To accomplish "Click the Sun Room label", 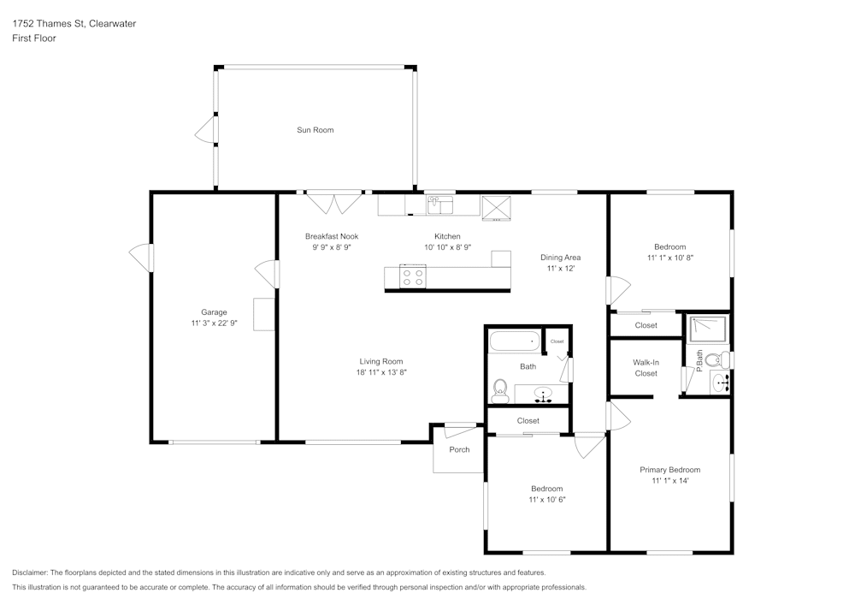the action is click(x=315, y=130).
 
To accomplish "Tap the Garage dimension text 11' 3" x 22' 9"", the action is click(x=214, y=323).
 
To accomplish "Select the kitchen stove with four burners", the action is click(x=413, y=276).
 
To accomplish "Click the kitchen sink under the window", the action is click(x=440, y=205).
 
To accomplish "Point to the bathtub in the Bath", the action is click(x=515, y=341).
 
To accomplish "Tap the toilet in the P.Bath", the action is click(x=717, y=359).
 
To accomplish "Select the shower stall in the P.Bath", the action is click(x=708, y=329).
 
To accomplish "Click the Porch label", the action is click(x=459, y=449).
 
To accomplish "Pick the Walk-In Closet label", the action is click(x=646, y=368).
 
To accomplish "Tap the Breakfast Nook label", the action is click(x=332, y=236).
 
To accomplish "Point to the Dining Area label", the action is click(x=561, y=258).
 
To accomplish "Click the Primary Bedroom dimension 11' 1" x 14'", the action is click(x=670, y=481).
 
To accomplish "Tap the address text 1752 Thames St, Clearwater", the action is click(x=74, y=23).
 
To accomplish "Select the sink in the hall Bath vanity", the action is click(x=543, y=394).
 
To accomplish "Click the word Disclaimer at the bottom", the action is click(x=30, y=572).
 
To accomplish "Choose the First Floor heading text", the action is click(x=34, y=39).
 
